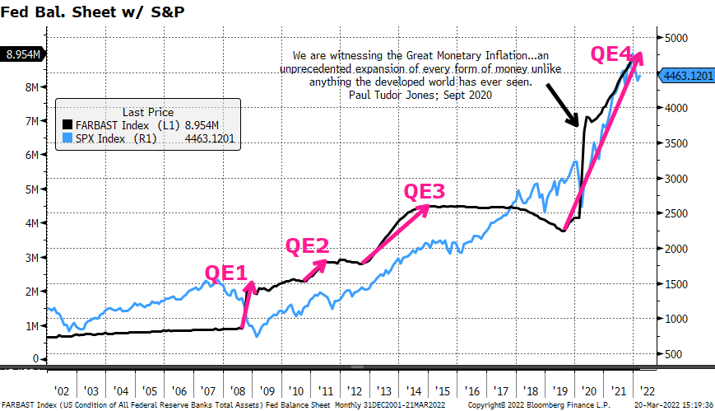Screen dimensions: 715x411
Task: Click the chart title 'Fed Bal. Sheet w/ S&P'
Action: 93,12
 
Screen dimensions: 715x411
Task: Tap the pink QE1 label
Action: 225,273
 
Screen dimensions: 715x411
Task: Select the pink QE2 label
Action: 307,246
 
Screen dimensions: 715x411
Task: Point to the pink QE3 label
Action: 424,192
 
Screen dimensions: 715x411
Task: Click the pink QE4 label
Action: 611,54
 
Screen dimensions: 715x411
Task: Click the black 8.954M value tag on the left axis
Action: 23,55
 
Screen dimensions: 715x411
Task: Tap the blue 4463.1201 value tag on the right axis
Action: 686,75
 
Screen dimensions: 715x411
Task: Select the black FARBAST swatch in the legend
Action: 67,124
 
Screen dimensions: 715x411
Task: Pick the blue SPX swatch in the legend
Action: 67,138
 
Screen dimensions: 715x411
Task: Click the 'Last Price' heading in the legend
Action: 148,112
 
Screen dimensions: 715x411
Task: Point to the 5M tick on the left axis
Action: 32,189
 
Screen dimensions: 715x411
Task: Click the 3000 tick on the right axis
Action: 676,179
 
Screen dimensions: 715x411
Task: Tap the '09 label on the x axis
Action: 267,391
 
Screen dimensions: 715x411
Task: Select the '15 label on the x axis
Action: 443,391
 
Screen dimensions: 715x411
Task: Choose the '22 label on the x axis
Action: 647,391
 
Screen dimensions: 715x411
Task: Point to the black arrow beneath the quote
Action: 563,105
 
